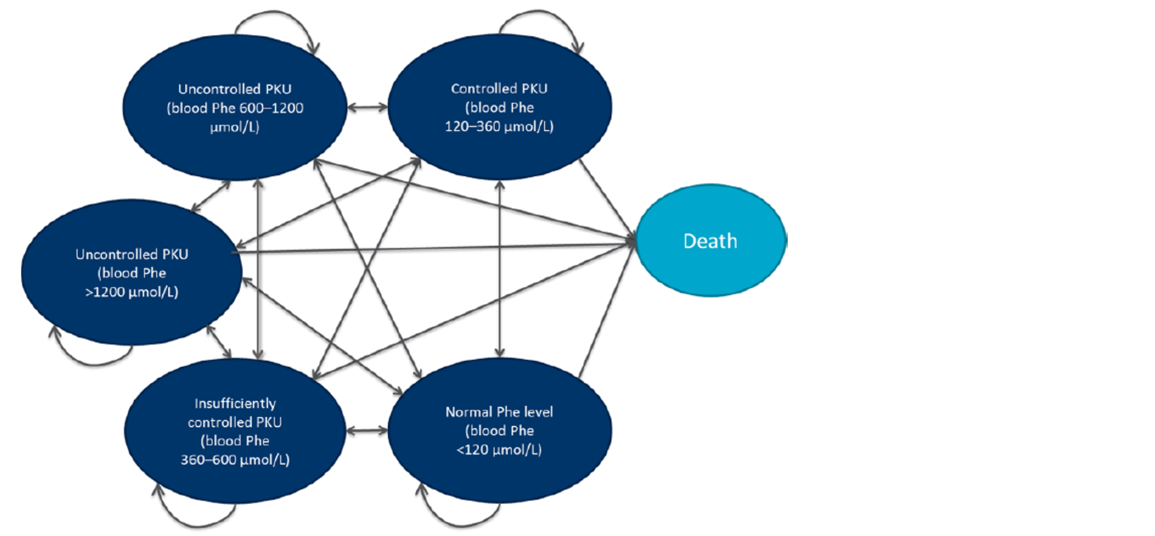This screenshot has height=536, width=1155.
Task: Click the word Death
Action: [710, 241]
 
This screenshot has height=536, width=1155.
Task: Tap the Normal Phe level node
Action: [499, 475]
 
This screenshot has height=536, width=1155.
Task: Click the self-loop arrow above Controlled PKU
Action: [538, 12]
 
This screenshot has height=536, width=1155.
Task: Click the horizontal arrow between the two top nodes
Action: [368, 108]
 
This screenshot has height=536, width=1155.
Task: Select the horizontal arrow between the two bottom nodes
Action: [367, 431]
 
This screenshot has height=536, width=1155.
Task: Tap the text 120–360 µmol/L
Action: [499, 127]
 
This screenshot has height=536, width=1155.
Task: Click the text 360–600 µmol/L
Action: [235, 460]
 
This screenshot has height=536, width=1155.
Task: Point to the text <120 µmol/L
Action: [499, 449]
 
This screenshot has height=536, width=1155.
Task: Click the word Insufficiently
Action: [235, 404]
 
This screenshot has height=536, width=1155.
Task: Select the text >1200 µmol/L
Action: [131, 292]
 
